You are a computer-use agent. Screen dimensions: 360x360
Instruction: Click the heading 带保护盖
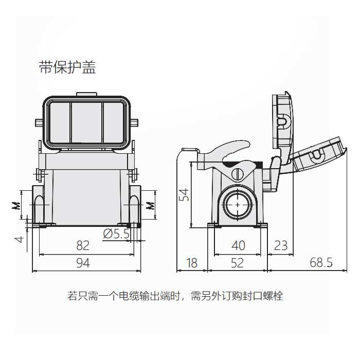(x=67, y=68)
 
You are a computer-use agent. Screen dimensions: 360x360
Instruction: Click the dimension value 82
(x=83, y=245)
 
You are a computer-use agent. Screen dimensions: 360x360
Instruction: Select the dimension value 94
(x=83, y=263)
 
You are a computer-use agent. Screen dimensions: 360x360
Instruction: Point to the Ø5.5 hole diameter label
(x=116, y=234)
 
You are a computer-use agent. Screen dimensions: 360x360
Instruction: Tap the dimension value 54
(x=184, y=194)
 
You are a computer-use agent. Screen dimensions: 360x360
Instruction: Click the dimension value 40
(x=238, y=245)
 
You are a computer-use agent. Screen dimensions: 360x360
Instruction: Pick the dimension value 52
(x=237, y=263)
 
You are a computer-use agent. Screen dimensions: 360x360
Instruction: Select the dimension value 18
(x=191, y=263)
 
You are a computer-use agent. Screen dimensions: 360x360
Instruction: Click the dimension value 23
(x=280, y=245)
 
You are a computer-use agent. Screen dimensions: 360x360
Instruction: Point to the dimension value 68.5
(x=321, y=263)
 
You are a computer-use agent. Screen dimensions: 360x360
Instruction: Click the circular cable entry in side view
(x=237, y=203)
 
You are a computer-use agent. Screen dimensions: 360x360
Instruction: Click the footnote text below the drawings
(x=175, y=296)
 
